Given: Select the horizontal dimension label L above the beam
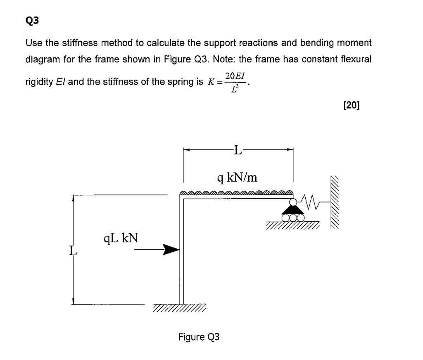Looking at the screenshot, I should tap(238, 149).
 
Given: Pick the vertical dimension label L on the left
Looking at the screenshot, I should tap(73, 250).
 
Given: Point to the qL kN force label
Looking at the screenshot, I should tap(121, 238).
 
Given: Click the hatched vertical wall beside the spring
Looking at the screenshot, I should tap(336, 201).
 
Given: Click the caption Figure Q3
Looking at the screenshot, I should tap(199, 337).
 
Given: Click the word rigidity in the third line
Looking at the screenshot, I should tap(38, 82).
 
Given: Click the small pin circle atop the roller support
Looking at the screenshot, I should tap(293, 202).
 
